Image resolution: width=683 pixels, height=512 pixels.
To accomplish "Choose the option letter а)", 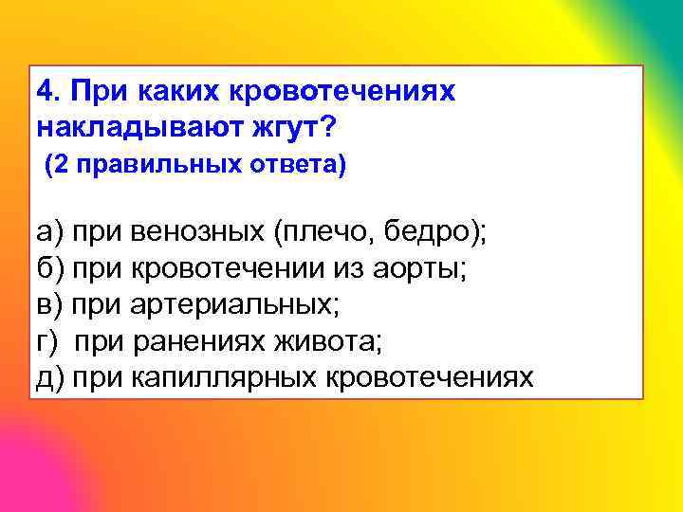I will [48, 232].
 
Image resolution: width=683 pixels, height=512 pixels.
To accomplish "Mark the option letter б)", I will [48, 268].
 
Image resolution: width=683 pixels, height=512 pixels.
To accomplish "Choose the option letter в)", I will [48, 304].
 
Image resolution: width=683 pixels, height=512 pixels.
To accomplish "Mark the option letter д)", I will [48, 376].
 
